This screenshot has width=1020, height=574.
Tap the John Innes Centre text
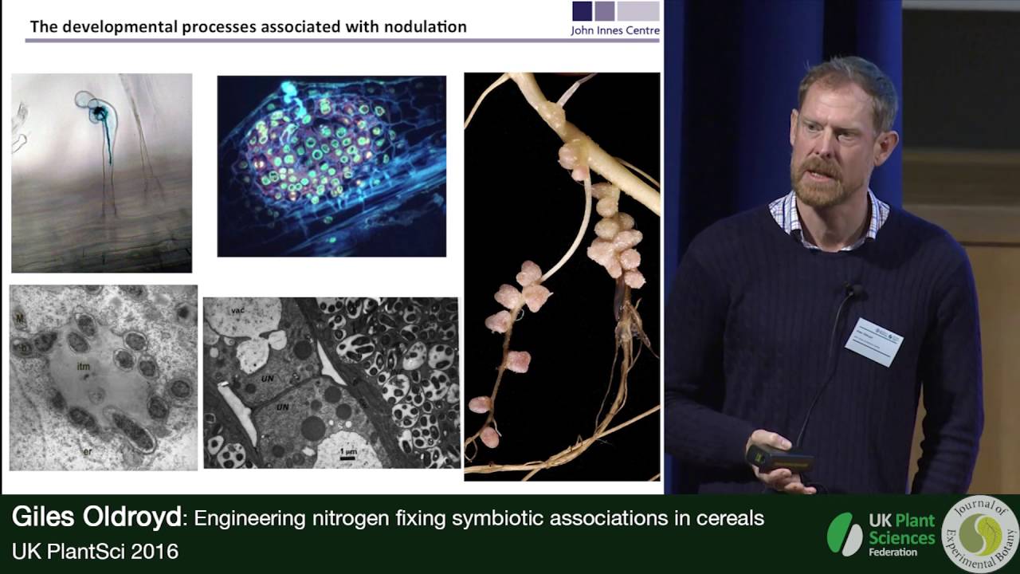pos(615,31)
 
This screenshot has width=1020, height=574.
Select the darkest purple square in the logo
pos(582,10)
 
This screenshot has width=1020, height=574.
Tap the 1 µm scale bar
pos(347,453)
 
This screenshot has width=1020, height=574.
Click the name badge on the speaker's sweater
pos(873,341)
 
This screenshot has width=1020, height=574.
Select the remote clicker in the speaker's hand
pos(778,459)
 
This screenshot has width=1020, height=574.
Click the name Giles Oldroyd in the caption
pos(96,519)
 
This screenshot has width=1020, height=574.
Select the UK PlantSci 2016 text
pos(95,551)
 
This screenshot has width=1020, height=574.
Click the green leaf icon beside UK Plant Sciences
pos(844,533)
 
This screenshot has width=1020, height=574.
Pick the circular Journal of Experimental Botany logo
pos(979,534)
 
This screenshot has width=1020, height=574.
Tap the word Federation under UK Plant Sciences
pos(892,552)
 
